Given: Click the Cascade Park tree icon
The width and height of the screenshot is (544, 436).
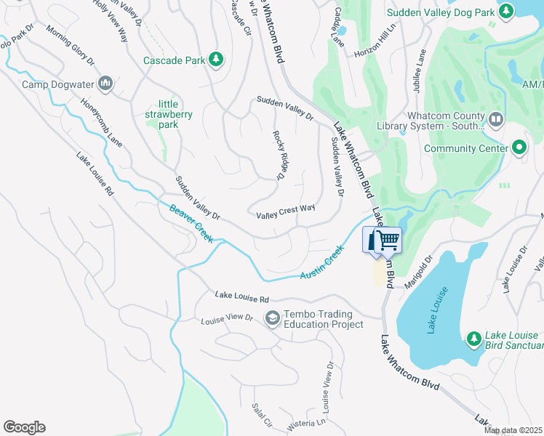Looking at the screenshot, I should pos(215,60).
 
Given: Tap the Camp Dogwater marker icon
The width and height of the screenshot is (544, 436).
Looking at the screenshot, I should pos(106,84).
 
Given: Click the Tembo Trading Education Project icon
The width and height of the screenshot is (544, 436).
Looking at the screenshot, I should pos(272,318).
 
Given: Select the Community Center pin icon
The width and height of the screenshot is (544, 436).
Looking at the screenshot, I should pos(519,148).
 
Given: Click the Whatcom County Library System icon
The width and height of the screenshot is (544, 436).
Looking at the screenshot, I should pos(496,118).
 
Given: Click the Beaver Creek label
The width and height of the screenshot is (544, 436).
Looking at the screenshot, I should pos(191,224).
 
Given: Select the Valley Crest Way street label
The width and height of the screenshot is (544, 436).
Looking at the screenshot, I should pos(286,211).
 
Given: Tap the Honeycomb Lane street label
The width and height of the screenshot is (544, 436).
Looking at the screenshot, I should pos(101,121).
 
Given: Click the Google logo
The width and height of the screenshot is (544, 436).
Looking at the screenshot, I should pos(24,427).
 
